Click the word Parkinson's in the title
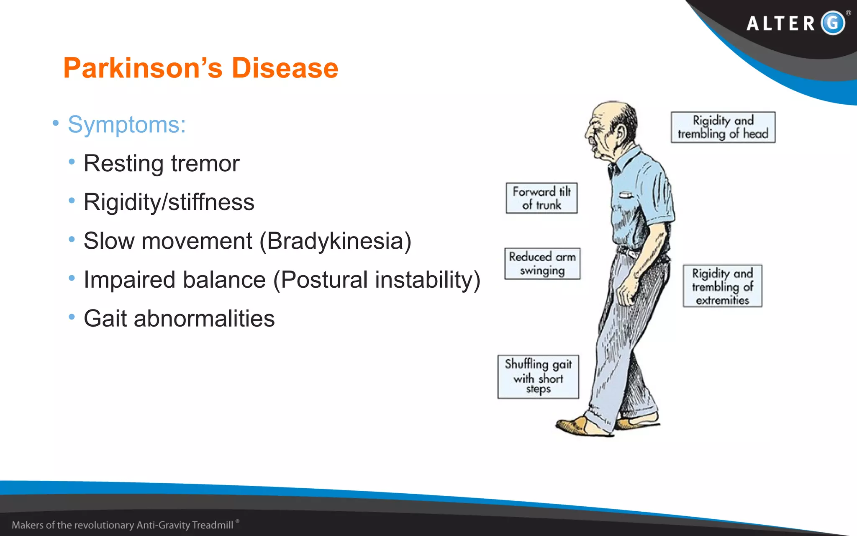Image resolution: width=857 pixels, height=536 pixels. (x=143, y=68)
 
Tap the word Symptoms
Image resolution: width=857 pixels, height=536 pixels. (x=126, y=125)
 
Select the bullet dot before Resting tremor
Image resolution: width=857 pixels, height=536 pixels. (x=72, y=162)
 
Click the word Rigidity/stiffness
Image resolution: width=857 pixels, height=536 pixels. (x=169, y=202)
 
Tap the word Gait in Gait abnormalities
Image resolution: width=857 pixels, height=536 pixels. (x=105, y=319)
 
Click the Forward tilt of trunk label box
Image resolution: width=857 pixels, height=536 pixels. (x=541, y=198)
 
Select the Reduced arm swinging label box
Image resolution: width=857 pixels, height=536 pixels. (x=542, y=263)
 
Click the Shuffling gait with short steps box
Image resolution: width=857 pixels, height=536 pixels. (x=538, y=376)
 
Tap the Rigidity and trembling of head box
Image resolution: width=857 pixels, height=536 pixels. (x=723, y=127)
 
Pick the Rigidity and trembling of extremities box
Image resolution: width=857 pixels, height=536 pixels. (x=722, y=286)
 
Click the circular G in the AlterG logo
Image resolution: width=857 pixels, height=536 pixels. (x=833, y=23)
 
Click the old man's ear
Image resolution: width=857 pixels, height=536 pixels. (x=620, y=133)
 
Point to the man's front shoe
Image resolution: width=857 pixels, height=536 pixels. (x=575, y=425)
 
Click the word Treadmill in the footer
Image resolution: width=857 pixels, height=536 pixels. (x=212, y=525)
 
